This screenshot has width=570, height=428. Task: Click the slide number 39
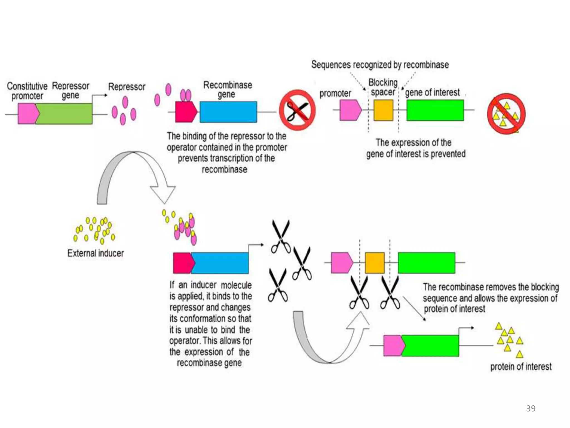pyautogui.click(x=531, y=408)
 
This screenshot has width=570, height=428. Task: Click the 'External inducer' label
pyautogui.click(x=95, y=253)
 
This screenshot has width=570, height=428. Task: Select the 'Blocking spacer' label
pyautogui.click(x=383, y=87)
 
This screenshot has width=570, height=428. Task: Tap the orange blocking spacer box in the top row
pyautogui.click(x=383, y=110)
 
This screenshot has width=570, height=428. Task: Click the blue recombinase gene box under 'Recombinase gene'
pyautogui.click(x=228, y=112)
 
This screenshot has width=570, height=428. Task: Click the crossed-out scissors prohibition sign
pyautogui.click(x=297, y=110)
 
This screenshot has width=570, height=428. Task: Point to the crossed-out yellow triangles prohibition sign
pyautogui.click(x=506, y=113)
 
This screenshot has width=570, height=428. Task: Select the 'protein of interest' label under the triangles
pyautogui.click(x=521, y=366)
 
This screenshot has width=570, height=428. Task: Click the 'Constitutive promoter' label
pyautogui.click(x=27, y=91)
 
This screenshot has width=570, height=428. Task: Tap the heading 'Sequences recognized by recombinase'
pyautogui.click(x=380, y=65)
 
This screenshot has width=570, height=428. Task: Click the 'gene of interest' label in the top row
pyautogui.click(x=432, y=93)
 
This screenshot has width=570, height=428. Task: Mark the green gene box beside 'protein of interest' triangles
pyautogui.click(x=430, y=346)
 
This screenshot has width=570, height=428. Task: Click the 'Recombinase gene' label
pyautogui.click(x=227, y=89)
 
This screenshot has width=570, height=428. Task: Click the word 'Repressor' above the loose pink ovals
pyautogui.click(x=127, y=87)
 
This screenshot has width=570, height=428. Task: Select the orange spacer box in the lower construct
pyautogui.click(x=375, y=263)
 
